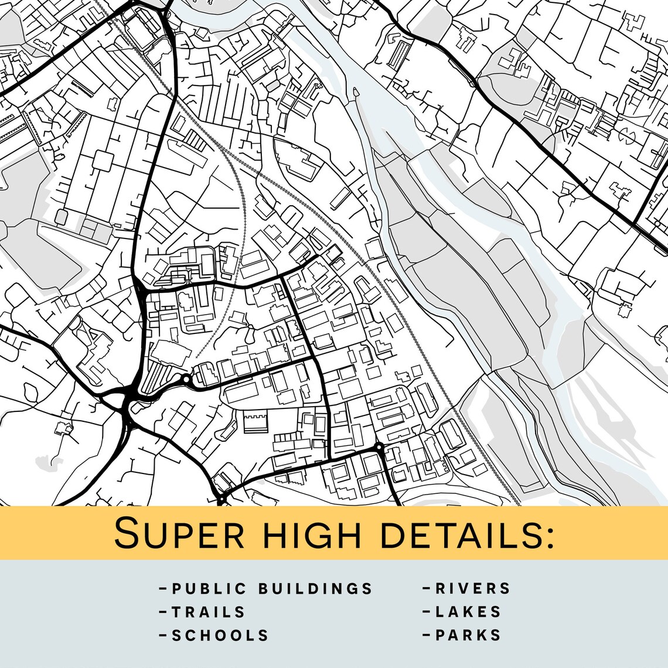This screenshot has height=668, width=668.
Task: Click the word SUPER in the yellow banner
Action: pyautogui.click(x=179, y=533)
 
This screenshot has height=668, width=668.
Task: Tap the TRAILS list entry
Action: pyautogui.click(x=209, y=612)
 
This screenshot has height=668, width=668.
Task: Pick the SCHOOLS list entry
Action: pyautogui.click(x=220, y=635)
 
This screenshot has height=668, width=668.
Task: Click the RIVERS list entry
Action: pyautogui.click(x=473, y=588)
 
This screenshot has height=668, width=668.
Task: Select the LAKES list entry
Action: pyautogui.click(x=468, y=612)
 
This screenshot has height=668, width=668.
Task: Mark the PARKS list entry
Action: pyautogui.click(x=468, y=635)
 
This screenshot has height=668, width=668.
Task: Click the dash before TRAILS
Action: pyautogui.click(x=163, y=612)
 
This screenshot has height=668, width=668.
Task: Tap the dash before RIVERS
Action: pyautogui.click(x=427, y=588)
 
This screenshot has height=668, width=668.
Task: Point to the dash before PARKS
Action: pyautogui.click(x=427, y=635)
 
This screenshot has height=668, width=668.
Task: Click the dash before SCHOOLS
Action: pyautogui.click(x=163, y=635)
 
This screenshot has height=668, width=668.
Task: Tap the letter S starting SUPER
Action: pyautogui.click(x=127, y=533)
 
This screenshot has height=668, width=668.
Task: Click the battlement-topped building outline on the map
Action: pyautogui.click(x=255, y=421)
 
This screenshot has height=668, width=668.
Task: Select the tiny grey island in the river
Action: pyautogui.click(x=355, y=92)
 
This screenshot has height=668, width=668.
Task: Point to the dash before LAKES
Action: pyautogui.click(x=427, y=612)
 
